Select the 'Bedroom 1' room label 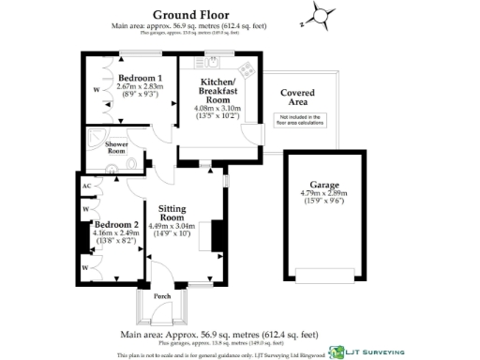point(142,77)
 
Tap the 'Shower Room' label point(117,147)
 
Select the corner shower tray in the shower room point(96,137)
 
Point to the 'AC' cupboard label point(86,187)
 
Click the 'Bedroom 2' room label point(117,225)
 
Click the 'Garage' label point(324,186)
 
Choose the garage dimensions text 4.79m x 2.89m point(324,195)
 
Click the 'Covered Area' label point(302,97)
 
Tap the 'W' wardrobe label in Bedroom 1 point(97,90)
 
